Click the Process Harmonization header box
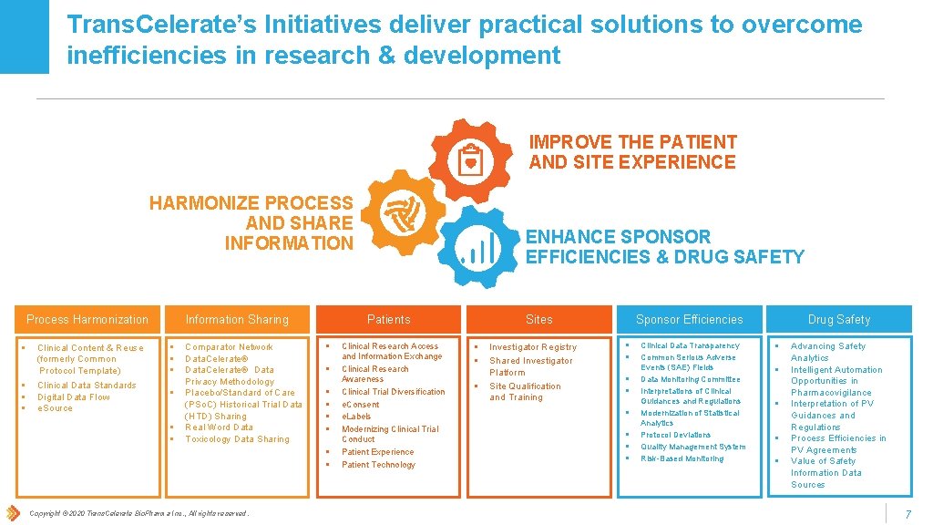click(x=87, y=319)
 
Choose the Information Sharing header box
click(x=237, y=319)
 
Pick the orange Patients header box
click(x=388, y=319)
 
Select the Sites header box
click(x=538, y=319)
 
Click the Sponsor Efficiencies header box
click(x=689, y=319)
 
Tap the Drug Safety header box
click(x=838, y=319)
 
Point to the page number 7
click(x=907, y=515)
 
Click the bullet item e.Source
click(x=55, y=408)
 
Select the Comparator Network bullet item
click(x=229, y=347)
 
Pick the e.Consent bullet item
click(x=361, y=405)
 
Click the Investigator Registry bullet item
click(x=533, y=347)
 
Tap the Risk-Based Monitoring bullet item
click(x=682, y=458)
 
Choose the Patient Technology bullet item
click(x=378, y=465)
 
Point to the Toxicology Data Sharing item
click(x=237, y=439)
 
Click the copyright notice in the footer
click(x=138, y=514)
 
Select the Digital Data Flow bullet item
click(x=73, y=397)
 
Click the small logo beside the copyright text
click(x=13, y=513)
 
